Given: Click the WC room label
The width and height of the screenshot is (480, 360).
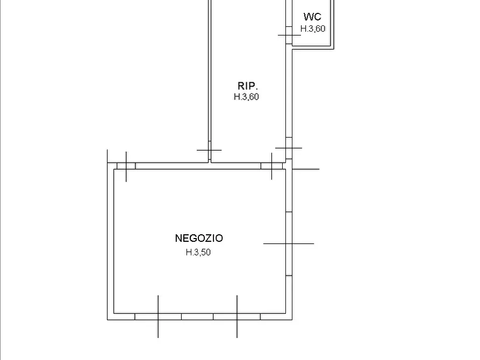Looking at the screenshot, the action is tap(312, 17).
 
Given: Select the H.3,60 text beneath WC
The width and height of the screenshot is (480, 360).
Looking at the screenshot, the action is tap(312, 29).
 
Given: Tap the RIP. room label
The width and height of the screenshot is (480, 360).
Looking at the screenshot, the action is tap(248, 86).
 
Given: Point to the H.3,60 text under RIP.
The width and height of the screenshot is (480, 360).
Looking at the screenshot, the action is tap(246, 97).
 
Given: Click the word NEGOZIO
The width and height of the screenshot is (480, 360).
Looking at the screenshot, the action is tap(199, 238).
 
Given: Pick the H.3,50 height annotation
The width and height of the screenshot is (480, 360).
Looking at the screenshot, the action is tap(198, 252).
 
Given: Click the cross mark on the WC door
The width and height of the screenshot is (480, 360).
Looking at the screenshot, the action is tap(289, 35).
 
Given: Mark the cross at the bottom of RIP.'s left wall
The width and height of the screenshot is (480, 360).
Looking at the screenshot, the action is tap(210, 150).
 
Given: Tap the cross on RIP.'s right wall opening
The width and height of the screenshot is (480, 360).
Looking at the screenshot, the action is tap(289, 148).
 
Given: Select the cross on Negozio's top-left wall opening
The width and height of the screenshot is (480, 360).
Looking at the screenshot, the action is tap(126, 166).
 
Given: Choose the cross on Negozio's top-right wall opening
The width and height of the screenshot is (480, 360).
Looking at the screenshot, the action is tap(271, 166).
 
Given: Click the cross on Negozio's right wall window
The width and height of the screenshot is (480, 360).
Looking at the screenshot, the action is tap(289, 244).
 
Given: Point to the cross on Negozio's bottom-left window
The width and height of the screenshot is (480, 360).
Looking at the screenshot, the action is tap(158, 316).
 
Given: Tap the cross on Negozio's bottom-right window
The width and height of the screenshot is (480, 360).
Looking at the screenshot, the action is tap(237, 316).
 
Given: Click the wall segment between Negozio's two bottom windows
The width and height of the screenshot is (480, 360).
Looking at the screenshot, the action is tap(197, 316).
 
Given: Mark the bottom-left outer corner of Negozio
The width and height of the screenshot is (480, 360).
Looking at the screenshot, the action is tap(108, 320).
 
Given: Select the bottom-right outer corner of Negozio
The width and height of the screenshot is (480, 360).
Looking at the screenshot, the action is tap(292, 320).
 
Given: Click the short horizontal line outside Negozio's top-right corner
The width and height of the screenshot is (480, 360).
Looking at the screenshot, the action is tap(306, 169).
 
